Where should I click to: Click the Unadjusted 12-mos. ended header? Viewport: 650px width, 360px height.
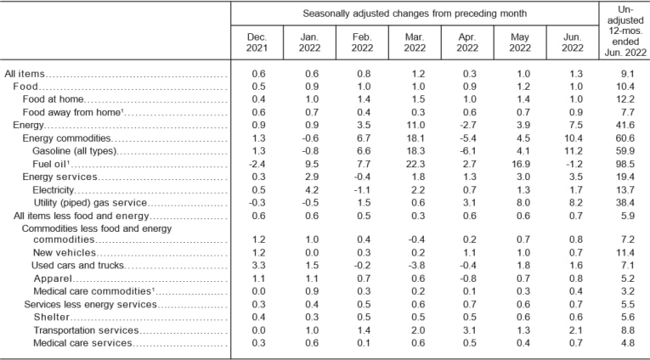tap(624, 30)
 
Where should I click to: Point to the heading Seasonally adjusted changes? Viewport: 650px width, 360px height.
tap(414, 13)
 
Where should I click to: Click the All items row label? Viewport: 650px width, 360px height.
tap(25, 75)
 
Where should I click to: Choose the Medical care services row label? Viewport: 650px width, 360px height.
tap(82, 342)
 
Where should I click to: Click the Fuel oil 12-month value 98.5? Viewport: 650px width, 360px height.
tap(625, 163)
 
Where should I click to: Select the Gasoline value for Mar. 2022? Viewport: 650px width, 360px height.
tap(414, 150)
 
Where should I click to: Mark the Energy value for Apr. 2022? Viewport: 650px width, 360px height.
tap(466, 125)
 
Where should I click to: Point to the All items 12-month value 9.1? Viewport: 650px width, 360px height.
tap(625, 75)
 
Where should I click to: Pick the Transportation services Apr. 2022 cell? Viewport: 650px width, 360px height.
tap(466, 329)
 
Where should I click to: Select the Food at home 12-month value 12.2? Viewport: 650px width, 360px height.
tap(625, 99)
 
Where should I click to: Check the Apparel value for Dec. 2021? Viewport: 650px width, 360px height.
tap(256, 278)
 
